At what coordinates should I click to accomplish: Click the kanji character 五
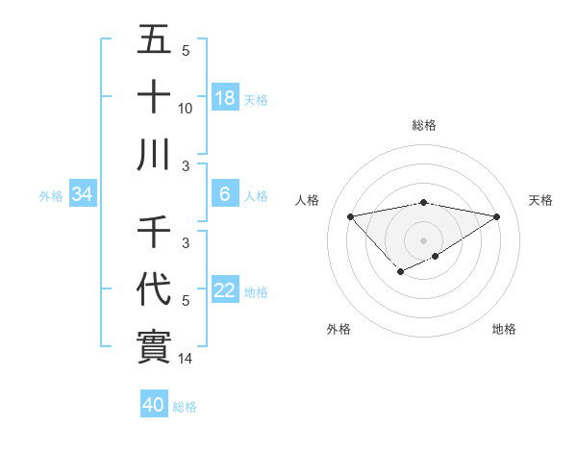click(154, 41)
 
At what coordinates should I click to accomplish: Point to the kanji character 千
click(154, 233)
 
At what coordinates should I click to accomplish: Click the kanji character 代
click(154, 289)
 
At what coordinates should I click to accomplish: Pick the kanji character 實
click(154, 346)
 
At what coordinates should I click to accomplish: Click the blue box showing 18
click(224, 98)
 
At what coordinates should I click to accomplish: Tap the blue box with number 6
click(224, 195)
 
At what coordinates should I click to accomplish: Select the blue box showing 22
click(224, 290)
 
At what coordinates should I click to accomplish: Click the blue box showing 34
click(83, 195)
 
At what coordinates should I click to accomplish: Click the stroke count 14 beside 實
click(187, 360)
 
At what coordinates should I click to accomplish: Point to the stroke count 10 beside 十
click(186, 109)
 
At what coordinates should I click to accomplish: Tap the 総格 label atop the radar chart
click(424, 126)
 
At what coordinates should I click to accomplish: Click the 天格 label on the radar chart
click(541, 200)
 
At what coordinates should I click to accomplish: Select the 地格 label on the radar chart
click(504, 330)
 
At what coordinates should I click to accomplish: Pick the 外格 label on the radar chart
click(339, 330)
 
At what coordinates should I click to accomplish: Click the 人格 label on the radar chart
click(309, 200)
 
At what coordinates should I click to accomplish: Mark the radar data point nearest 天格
click(496, 215)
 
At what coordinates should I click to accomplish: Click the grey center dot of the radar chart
click(424, 239)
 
